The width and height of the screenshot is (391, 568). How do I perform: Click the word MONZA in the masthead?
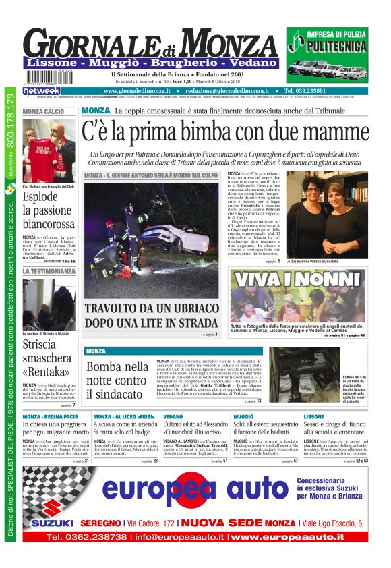point(232,42)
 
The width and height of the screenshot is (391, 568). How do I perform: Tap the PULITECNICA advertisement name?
point(327,47)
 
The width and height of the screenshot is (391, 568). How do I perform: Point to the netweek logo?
point(41,91)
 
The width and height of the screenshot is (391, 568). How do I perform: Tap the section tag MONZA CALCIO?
point(44,111)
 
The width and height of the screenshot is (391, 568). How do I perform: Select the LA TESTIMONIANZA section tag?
point(49,271)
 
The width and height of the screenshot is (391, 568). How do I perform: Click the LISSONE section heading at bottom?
point(314,417)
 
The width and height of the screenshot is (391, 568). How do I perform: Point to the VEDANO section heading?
point(173,417)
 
